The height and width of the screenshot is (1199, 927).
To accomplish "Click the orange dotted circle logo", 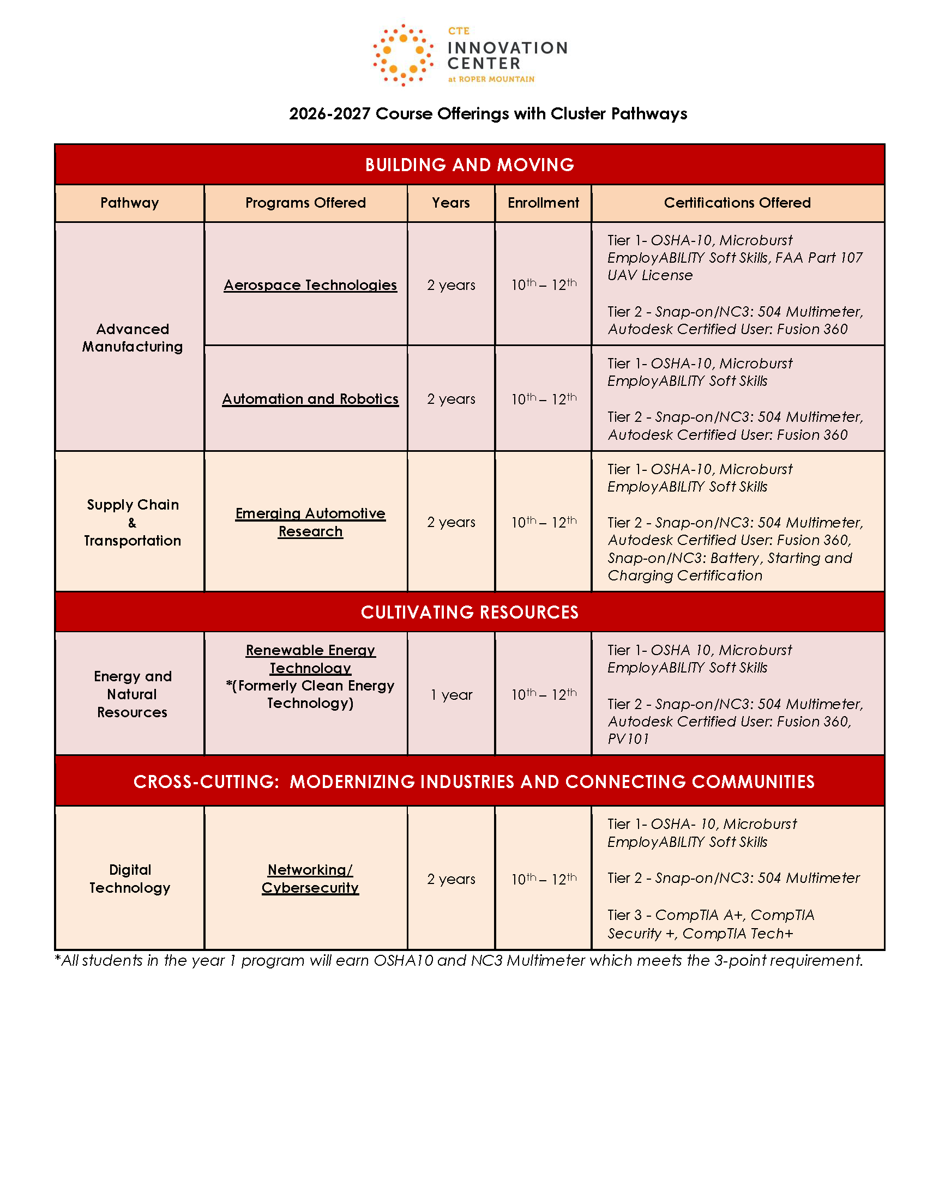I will [402, 56].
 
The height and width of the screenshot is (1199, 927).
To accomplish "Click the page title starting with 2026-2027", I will [487, 114].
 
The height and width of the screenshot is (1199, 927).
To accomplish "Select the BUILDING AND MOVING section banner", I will [469, 165].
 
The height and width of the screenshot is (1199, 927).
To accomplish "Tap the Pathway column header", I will [130, 203].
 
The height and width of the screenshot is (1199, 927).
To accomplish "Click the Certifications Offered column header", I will [737, 203].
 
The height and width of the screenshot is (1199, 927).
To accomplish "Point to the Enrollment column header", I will [543, 203].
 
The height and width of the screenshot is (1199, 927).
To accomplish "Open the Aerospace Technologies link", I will [310, 285].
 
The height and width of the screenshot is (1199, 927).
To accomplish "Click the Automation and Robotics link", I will [310, 399].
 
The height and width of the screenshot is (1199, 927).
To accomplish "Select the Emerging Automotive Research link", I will [310, 522].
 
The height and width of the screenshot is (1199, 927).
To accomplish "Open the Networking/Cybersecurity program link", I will [310, 879].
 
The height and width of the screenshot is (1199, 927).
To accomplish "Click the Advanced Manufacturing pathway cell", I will [133, 338].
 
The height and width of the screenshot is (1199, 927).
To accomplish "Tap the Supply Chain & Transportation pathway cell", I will [133, 522].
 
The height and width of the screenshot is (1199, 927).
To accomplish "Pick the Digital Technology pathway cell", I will [130, 879].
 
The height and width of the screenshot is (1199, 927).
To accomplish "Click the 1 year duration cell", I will [451, 694].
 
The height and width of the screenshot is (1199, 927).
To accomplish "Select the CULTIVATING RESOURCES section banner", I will [469, 612].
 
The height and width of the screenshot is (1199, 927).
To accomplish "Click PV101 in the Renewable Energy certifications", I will [628, 739].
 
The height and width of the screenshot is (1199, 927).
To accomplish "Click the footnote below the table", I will [459, 960].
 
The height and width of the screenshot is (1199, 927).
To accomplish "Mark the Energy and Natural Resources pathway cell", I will [133, 694].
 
